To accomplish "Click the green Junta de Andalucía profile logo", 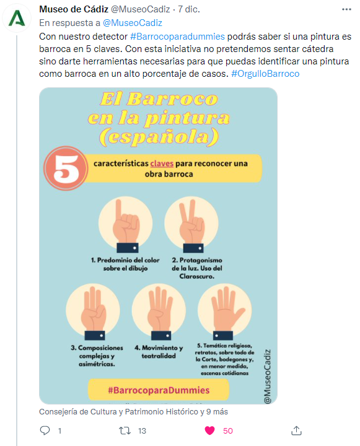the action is [17, 18].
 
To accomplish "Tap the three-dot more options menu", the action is [346, 9].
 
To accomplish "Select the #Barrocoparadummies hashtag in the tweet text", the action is [178, 37].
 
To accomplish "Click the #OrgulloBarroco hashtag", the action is [265, 74].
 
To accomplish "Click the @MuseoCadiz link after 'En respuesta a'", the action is [133, 23].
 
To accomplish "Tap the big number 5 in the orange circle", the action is [66, 168].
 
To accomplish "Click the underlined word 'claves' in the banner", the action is [162, 164].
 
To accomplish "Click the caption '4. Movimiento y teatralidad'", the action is [159, 352].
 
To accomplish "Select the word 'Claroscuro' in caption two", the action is [196, 276].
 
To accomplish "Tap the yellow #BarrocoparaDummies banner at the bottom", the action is [159, 390].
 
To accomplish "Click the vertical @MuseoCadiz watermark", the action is [267, 376].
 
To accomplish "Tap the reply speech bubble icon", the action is [45, 431].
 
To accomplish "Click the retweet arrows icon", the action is [125, 431].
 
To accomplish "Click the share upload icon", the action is [296, 431].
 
